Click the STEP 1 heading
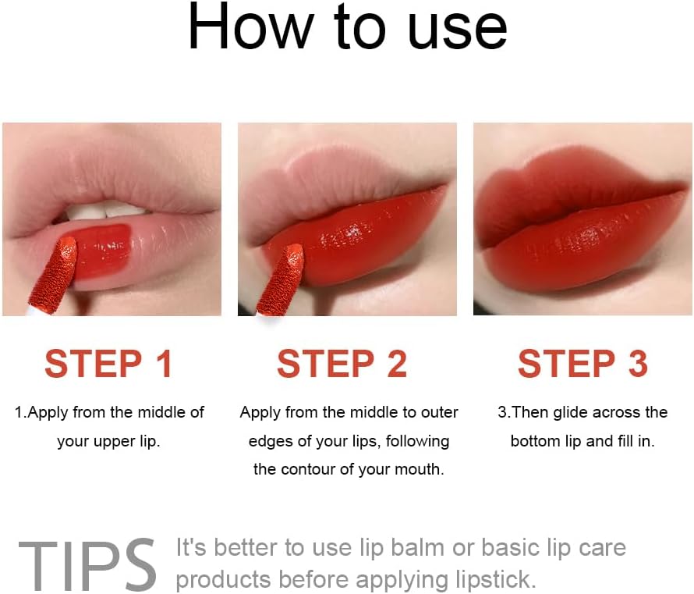[x=108, y=364]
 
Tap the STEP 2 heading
[x=342, y=364]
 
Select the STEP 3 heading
[x=583, y=364]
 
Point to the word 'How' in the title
[x=251, y=27]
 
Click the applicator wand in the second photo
[x=281, y=280]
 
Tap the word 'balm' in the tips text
[x=417, y=547]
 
